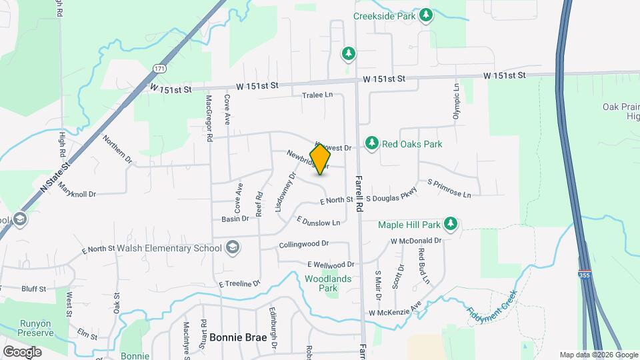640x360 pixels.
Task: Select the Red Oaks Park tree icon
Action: tap(372, 143)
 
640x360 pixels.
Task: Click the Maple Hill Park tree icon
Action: tap(451, 224)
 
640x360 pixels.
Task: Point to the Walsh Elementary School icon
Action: tap(232, 249)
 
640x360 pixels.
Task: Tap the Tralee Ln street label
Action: tap(317, 95)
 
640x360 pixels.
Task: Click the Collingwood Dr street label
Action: tap(305, 245)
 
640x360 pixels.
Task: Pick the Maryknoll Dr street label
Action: tap(77, 190)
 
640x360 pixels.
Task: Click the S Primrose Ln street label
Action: tap(449, 189)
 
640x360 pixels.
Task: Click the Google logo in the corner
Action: tap(22, 351)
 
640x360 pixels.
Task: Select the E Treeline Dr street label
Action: tap(239, 284)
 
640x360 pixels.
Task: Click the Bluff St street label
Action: tap(33, 289)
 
